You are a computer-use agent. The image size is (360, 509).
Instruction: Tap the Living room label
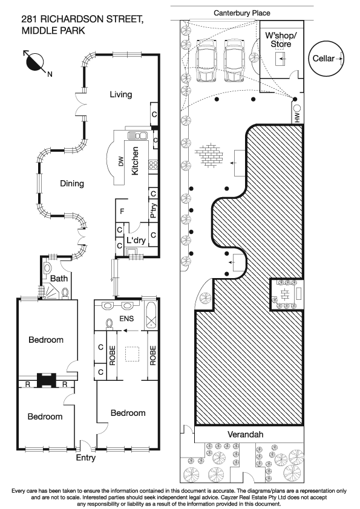pos(121,94)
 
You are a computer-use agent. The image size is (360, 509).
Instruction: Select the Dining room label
pos(71,184)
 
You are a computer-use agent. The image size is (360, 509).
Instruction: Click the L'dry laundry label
pos(137,241)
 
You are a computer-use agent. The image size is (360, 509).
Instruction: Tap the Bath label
pos(59,279)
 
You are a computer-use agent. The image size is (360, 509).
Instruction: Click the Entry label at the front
pos(85,458)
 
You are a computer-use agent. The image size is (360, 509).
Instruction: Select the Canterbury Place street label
pos(241,13)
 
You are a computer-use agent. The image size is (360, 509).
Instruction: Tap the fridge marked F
pos(122,211)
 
